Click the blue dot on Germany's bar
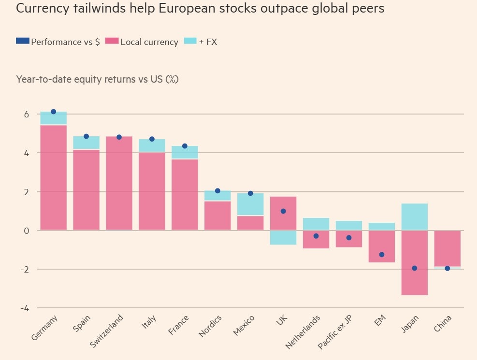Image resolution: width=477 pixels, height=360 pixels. (x=54, y=112)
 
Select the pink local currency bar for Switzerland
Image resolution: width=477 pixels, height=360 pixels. (x=119, y=183)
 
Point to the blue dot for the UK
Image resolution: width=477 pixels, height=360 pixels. (x=283, y=211)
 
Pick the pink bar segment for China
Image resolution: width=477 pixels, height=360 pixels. (x=448, y=248)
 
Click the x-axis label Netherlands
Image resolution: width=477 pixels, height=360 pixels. (x=303, y=332)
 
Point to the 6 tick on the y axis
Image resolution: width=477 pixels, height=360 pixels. (x=26, y=115)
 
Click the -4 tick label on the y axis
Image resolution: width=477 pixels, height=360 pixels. (x=24, y=308)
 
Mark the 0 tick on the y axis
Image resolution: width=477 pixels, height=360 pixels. (x=26, y=231)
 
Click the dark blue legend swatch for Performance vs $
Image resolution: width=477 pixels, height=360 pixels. (x=22, y=41)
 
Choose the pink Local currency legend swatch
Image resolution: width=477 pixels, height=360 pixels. (x=112, y=41)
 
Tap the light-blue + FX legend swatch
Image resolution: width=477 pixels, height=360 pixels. (x=190, y=41)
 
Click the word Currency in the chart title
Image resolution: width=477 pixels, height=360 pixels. (x=41, y=9)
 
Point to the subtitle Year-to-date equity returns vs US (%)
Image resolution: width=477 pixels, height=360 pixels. (x=97, y=79)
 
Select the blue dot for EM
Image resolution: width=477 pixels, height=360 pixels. (x=382, y=255)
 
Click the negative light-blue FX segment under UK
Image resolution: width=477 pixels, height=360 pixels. (x=283, y=238)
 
